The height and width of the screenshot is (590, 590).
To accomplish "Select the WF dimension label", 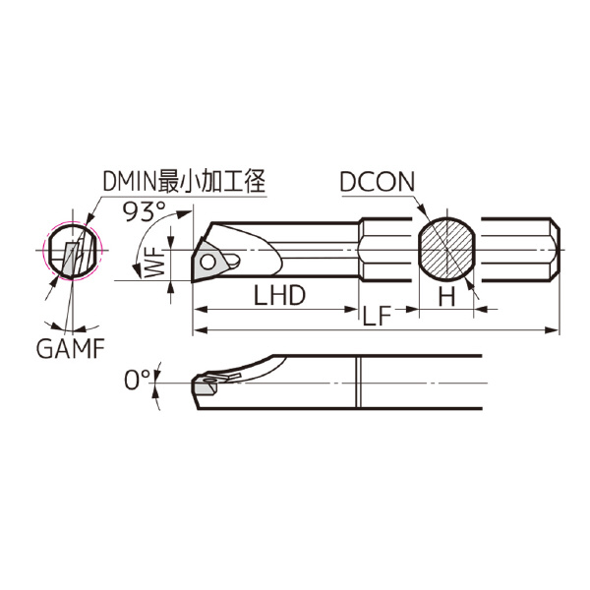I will coord(152,264).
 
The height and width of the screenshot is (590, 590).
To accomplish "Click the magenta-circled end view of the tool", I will coord(72,249).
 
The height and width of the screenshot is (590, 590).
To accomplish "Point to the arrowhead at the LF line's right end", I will coord(555,329).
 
